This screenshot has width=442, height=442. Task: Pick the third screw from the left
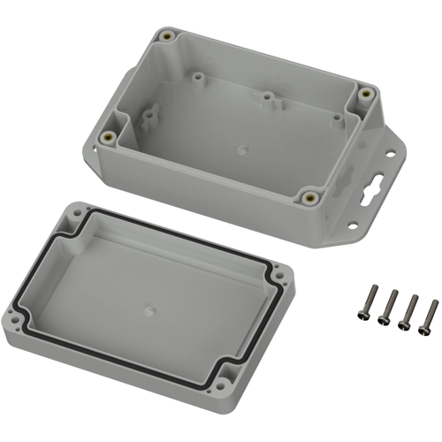tap(408, 312)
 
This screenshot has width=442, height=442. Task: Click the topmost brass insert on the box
tap(166, 35)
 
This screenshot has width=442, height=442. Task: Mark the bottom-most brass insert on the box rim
tap(310, 197)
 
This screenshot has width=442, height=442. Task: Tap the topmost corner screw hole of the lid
tap(72, 211)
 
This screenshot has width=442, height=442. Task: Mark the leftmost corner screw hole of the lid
tap(12, 315)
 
